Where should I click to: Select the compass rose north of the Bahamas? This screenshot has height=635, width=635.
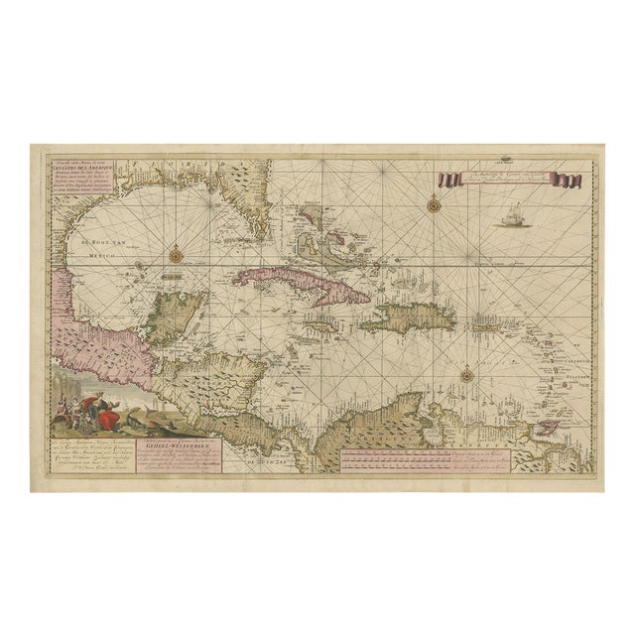(x=434, y=206)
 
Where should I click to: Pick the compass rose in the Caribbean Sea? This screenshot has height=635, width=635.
(x=466, y=375)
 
